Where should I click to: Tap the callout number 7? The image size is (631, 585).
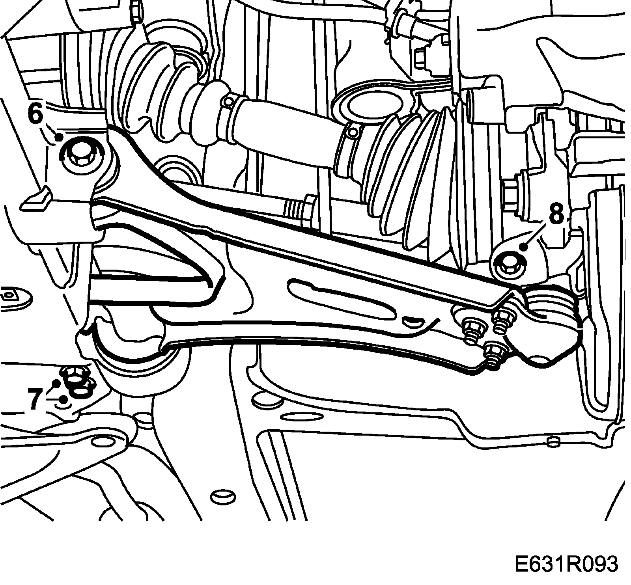click(35, 398)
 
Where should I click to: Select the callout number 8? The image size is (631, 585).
click(556, 215)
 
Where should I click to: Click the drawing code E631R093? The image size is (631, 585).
click(566, 565)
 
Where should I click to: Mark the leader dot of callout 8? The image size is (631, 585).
click(524, 247)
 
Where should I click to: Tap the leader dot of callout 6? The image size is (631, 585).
click(59, 137)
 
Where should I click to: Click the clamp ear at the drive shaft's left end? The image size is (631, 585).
click(227, 102)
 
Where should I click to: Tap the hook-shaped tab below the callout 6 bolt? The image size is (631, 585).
click(37, 197)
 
